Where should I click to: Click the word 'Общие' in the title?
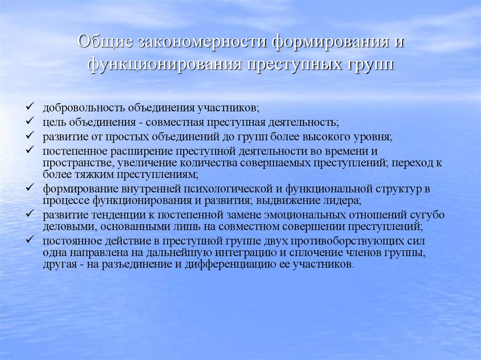[103, 41]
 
